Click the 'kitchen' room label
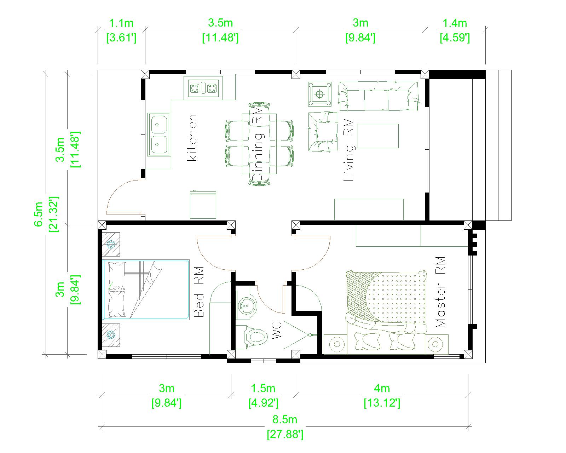192,138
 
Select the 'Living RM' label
348,149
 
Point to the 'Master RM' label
440,292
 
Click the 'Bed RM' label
199,292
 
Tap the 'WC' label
277,329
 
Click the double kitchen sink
158,134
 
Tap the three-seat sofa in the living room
378,96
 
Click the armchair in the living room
323,132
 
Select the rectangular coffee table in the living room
378,136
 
